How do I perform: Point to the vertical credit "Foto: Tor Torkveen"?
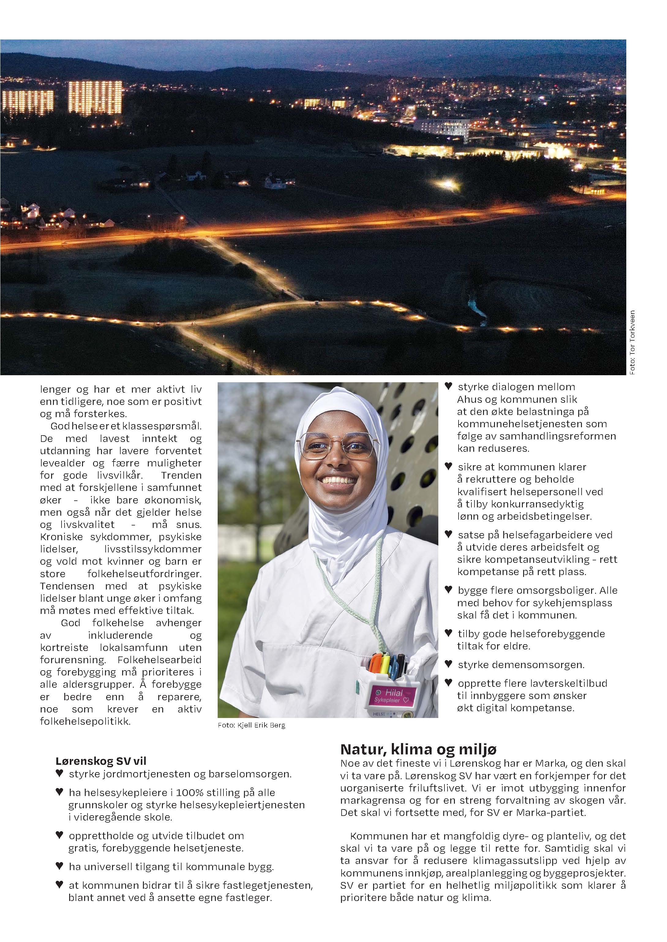tap(632, 342)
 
